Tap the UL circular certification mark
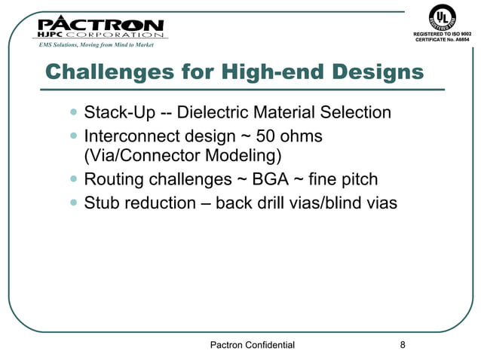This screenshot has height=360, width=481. [443, 17]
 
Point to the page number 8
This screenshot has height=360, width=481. [403, 345]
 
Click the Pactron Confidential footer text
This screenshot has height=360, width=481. [251, 345]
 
